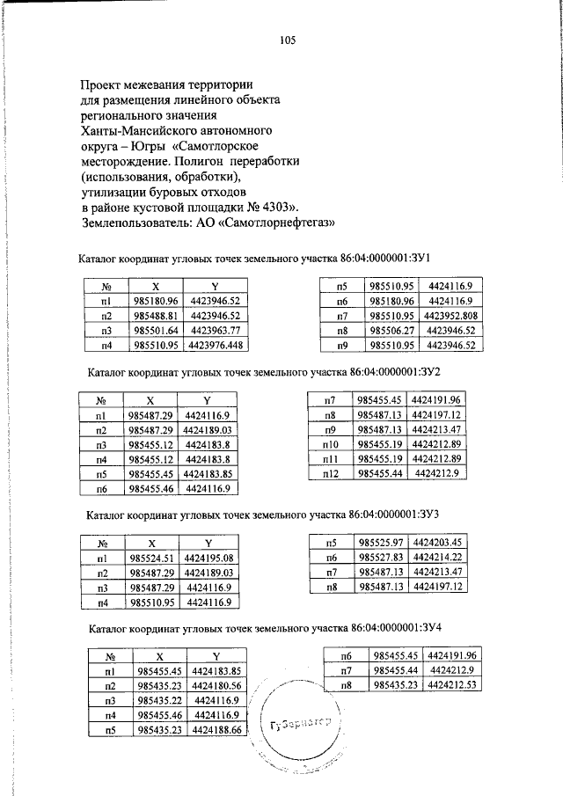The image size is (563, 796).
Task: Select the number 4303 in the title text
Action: (x=281, y=208)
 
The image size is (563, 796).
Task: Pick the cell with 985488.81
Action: (x=156, y=314)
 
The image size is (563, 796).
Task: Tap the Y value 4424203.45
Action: (x=437, y=542)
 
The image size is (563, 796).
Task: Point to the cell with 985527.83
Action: (x=382, y=557)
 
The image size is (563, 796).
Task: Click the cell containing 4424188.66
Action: (x=216, y=730)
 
